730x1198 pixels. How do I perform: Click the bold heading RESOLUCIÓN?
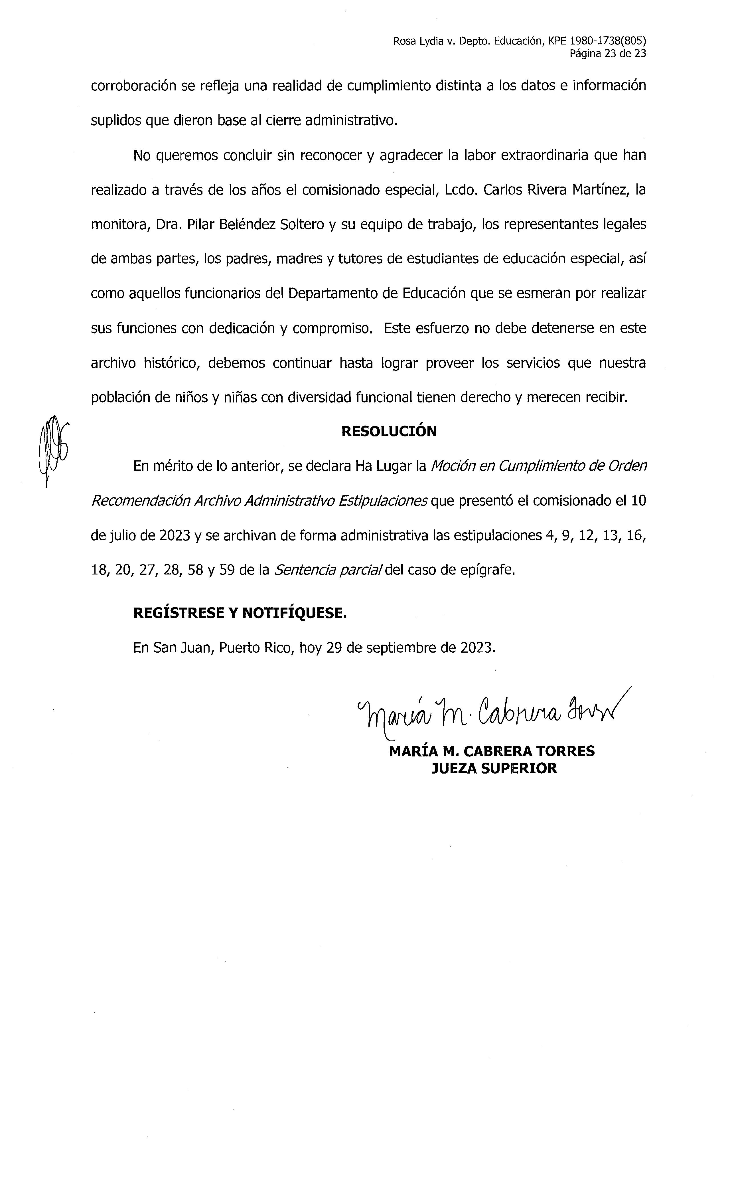(x=389, y=431)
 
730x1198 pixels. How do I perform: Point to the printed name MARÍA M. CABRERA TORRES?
(x=492, y=751)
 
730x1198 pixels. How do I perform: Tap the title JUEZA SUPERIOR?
(x=494, y=769)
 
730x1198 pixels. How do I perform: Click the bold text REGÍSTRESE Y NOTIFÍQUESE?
(x=240, y=613)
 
